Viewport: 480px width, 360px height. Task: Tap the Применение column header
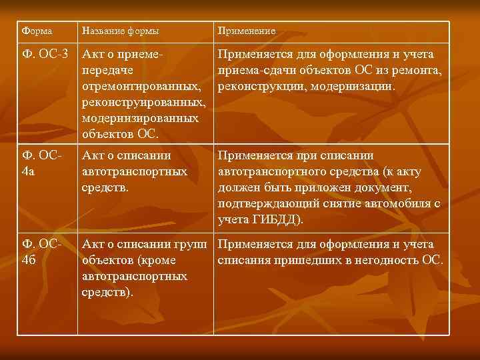[x=247, y=31]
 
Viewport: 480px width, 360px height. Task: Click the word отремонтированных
[x=141, y=87]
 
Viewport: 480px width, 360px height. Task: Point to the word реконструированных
[x=142, y=102]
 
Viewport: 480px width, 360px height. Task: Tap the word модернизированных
[x=140, y=118]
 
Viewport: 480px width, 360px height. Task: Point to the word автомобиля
[x=392, y=203]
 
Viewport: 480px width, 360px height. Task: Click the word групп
[x=190, y=244]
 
